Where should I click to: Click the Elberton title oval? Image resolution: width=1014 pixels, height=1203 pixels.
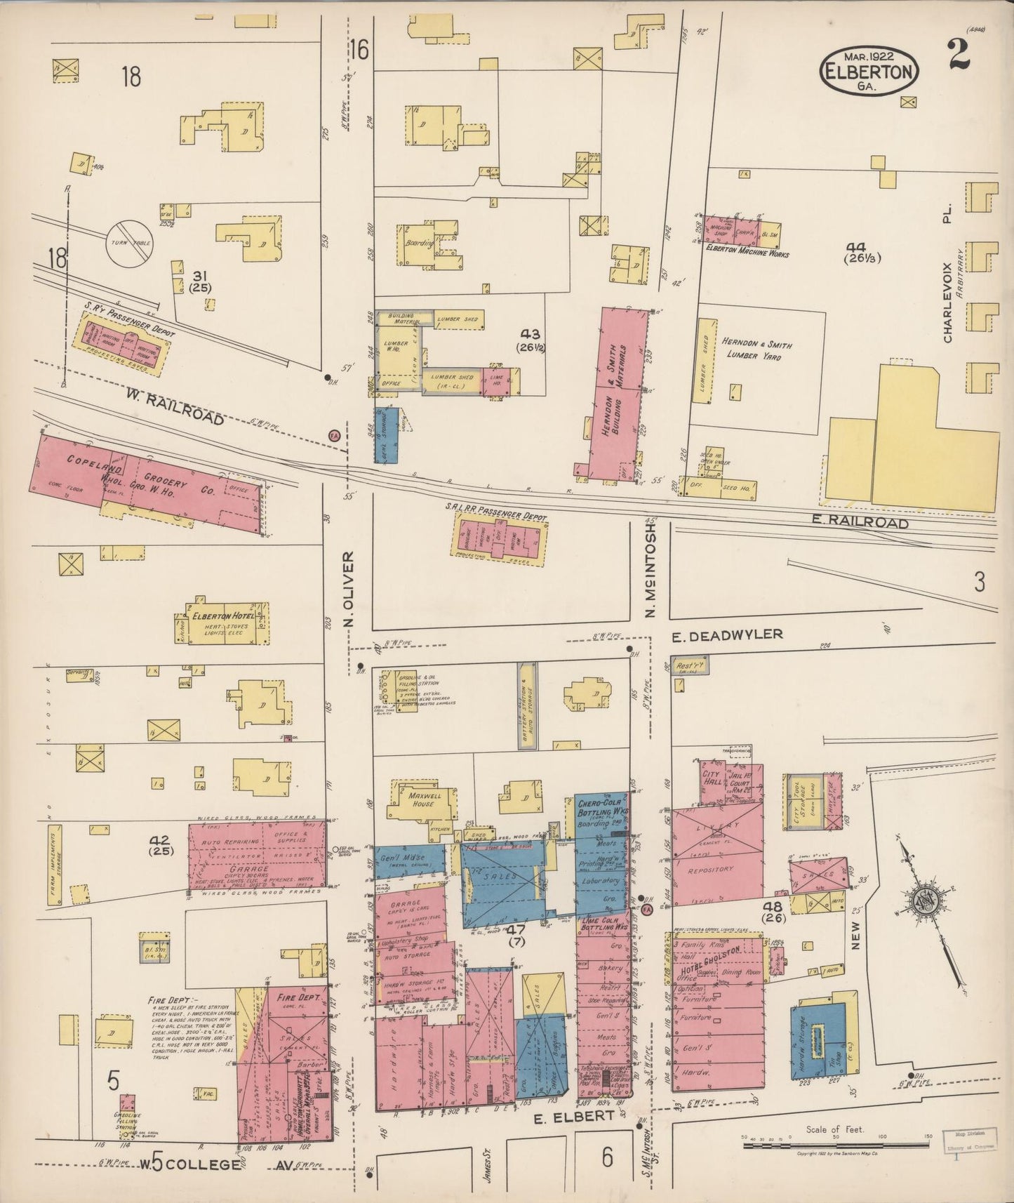(x=869, y=72)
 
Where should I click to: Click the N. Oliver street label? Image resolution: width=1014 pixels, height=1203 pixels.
(x=349, y=589)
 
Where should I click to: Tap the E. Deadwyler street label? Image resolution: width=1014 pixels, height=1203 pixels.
(x=727, y=635)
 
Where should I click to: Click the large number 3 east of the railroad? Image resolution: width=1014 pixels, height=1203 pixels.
(x=980, y=582)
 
